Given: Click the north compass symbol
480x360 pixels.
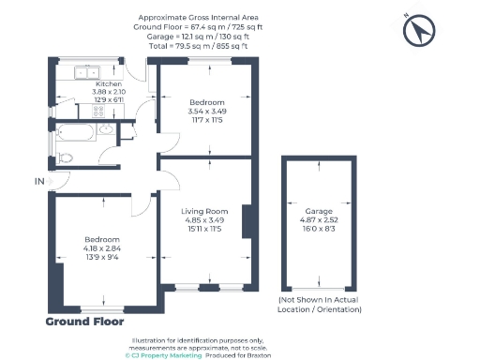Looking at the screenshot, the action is coord(419,30).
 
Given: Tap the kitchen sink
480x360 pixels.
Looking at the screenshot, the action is coord(87,73).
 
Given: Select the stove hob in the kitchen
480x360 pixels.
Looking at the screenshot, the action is coord(98,112).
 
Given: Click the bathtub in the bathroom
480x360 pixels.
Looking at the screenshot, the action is coord(75,132).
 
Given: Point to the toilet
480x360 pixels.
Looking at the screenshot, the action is coord(65,158).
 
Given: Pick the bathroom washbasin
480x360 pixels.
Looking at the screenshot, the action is coord(106,128).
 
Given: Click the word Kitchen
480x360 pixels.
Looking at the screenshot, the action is coord(109,83).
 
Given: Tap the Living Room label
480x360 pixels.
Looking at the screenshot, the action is coord(204,211).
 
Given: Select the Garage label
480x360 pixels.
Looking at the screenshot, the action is coord(319,211).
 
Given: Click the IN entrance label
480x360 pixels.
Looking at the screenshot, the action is coord(39,181).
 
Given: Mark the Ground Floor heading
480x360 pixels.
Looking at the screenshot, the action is coord(84,322).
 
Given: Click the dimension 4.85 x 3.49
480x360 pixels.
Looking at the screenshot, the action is coord(204,220).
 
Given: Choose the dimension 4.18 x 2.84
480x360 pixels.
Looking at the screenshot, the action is coord(102,248).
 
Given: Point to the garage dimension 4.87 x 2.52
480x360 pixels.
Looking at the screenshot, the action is coord(319,219).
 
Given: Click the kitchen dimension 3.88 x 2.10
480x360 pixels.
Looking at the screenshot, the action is coord(109,92).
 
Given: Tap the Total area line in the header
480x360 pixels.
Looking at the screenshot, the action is coord(198,46).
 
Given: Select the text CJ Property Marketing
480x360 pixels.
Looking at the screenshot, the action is coord(163,355).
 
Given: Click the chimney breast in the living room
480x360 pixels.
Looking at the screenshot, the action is coord(247,222).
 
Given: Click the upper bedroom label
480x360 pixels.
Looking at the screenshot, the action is coord(207,102).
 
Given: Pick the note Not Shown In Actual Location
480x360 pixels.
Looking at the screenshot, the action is coord(320,305).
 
